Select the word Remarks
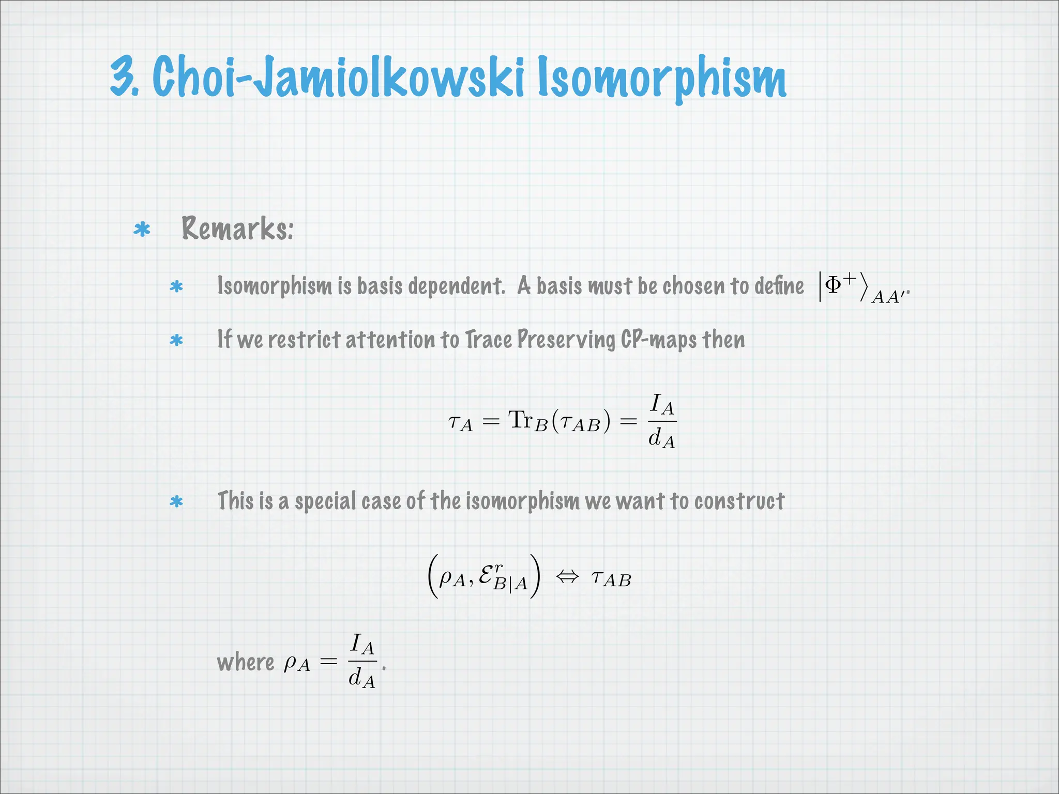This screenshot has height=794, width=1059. pos(237,228)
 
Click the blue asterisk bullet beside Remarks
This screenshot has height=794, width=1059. pos(142,230)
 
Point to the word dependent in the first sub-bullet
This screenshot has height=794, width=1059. pos(456,286)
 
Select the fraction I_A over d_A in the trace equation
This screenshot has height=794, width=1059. pos(661,421)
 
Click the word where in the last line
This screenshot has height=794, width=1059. pos(246,662)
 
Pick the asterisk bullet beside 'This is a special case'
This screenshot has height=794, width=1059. pos(176,501)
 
